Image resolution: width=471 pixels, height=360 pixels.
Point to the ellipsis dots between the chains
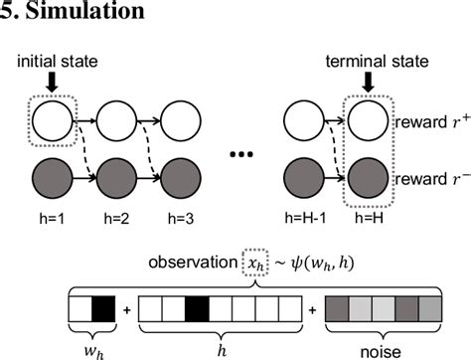tap(244, 155)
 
